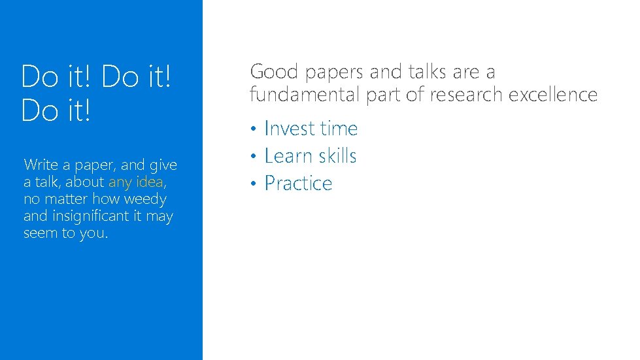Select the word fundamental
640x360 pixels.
coord(305,95)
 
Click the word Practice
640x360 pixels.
coord(298,184)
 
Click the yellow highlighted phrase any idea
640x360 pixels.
coord(136,182)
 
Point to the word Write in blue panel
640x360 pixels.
coord(41,165)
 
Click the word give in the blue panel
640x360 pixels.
coord(163,165)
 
